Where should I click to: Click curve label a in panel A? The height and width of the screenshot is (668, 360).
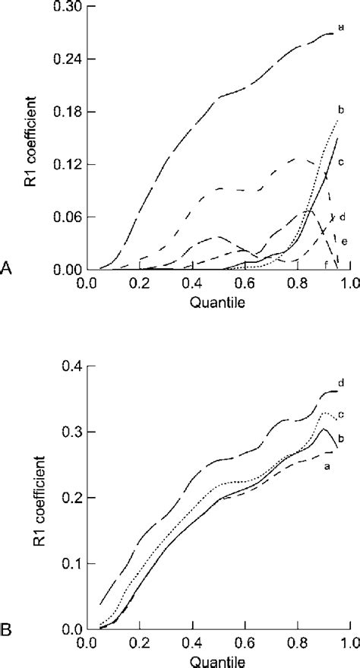tap(341, 27)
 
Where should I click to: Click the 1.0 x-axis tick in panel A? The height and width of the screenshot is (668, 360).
tap(349, 283)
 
